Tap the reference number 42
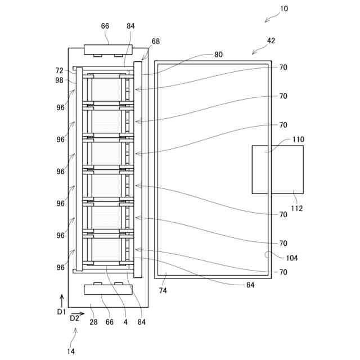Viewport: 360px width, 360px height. (x=271, y=40)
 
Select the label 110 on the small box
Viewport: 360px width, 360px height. (x=298, y=140)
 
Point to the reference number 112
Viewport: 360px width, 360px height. (x=297, y=208)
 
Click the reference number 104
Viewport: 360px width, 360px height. (x=292, y=258)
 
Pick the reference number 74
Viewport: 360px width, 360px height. (x=163, y=290)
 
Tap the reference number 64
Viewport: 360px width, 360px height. (x=250, y=285)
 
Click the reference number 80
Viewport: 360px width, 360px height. (x=218, y=55)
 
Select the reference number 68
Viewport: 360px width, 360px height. (x=155, y=41)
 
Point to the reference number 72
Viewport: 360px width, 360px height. (x=60, y=70)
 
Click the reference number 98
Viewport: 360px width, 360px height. (x=60, y=80)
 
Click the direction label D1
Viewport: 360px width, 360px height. (x=61, y=311)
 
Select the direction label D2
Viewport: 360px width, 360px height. (x=74, y=318)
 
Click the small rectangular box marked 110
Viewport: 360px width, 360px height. (x=277, y=169)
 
